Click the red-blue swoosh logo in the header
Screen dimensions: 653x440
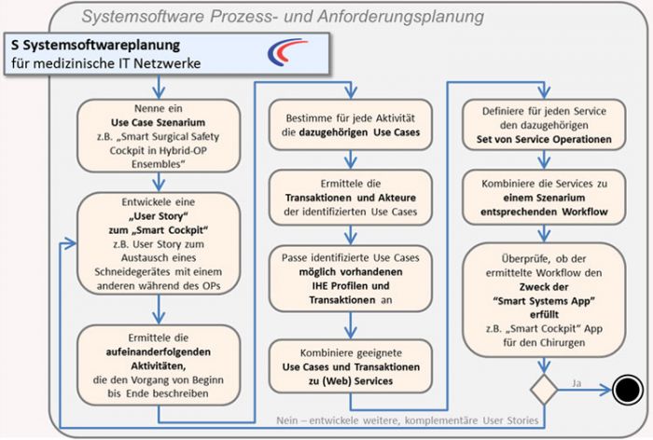click(x=286, y=51)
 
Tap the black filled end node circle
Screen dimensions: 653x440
click(x=628, y=390)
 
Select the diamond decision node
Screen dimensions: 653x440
click(x=544, y=390)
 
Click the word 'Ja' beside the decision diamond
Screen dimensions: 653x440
click(x=577, y=383)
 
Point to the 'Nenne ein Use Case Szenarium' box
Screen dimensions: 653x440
click(x=159, y=136)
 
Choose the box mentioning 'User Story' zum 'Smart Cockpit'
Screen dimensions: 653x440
click(x=159, y=243)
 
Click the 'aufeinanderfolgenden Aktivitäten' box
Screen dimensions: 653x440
click(x=159, y=365)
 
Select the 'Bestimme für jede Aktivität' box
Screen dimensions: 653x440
click(x=351, y=125)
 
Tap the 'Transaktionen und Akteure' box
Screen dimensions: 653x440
click(x=351, y=198)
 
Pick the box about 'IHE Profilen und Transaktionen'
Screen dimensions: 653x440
click(x=351, y=279)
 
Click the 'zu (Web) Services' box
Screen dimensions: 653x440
click(x=351, y=366)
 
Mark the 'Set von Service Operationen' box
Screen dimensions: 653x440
click(x=544, y=125)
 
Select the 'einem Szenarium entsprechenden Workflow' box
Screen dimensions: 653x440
click(x=544, y=198)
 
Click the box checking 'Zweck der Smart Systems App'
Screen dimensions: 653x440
click(x=544, y=300)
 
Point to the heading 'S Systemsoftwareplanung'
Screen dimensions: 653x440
click(x=96, y=45)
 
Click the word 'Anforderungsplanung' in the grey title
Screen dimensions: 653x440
click(x=400, y=17)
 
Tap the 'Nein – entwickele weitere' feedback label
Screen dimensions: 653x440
click(x=408, y=420)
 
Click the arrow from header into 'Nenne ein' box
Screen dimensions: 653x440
click(x=159, y=88)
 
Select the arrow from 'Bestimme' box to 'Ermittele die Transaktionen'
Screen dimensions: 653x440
click(x=351, y=159)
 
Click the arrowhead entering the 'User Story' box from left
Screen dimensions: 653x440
click(x=71, y=243)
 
